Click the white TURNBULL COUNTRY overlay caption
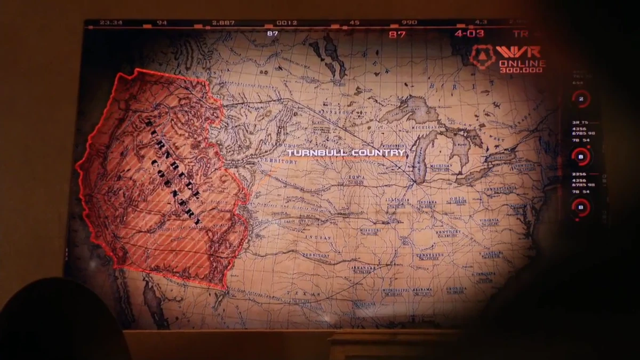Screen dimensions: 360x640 coord(346,153)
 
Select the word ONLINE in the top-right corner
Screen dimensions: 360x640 coord(522,63)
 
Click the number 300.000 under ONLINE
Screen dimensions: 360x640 coord(522,70)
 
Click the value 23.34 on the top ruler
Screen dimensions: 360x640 coord(111,23)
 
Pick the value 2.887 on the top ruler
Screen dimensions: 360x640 coord(223,23)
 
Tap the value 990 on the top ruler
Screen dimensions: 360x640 coord(410,23)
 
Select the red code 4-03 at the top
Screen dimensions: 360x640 coord(469,34)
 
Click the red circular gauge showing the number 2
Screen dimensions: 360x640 coord(580,99)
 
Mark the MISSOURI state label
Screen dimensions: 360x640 coord(370,230)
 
